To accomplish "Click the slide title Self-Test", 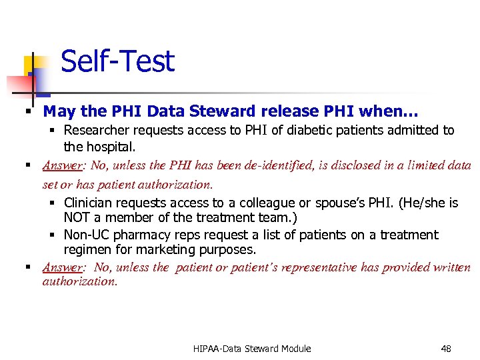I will coord(117,61).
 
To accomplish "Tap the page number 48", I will coord(446,348).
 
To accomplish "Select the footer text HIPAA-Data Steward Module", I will coord(252,348).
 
